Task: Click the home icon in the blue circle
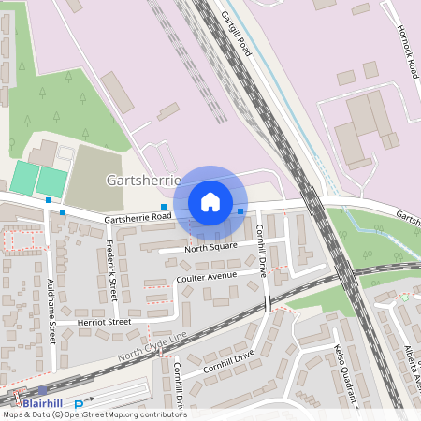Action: point(210,202)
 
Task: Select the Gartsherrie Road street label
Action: point(138,217)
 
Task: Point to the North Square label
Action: point(210,248)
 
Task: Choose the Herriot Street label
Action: point(106,322)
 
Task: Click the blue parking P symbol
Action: point(79,404)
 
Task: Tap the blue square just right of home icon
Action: point(240,211)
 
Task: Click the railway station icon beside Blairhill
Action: point(43,390)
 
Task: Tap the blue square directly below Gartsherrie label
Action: point(164,207)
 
